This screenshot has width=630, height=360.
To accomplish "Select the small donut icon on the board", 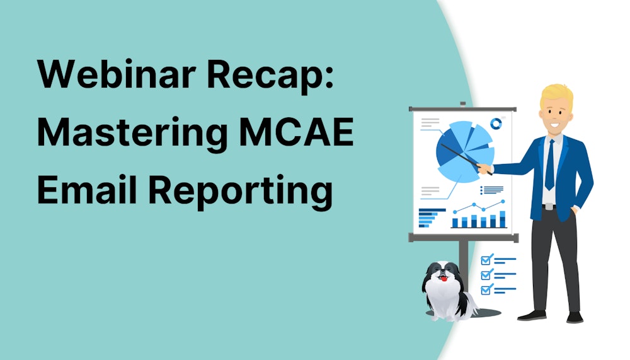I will pyautogui.click(x=496, y=124).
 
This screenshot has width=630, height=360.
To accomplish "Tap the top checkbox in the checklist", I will pyautogui.click(x=486, y=259).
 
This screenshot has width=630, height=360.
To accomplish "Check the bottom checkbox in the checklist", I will pyautogui.click(x=486, y=289).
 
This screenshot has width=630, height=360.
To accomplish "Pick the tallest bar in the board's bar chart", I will pyautogui.click(x=502, y=219).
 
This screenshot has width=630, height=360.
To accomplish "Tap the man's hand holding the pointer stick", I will pyautogui.click(x=484, y=168).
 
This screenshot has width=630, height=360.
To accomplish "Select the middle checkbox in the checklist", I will pyautogui.click(x=486, y=274).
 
